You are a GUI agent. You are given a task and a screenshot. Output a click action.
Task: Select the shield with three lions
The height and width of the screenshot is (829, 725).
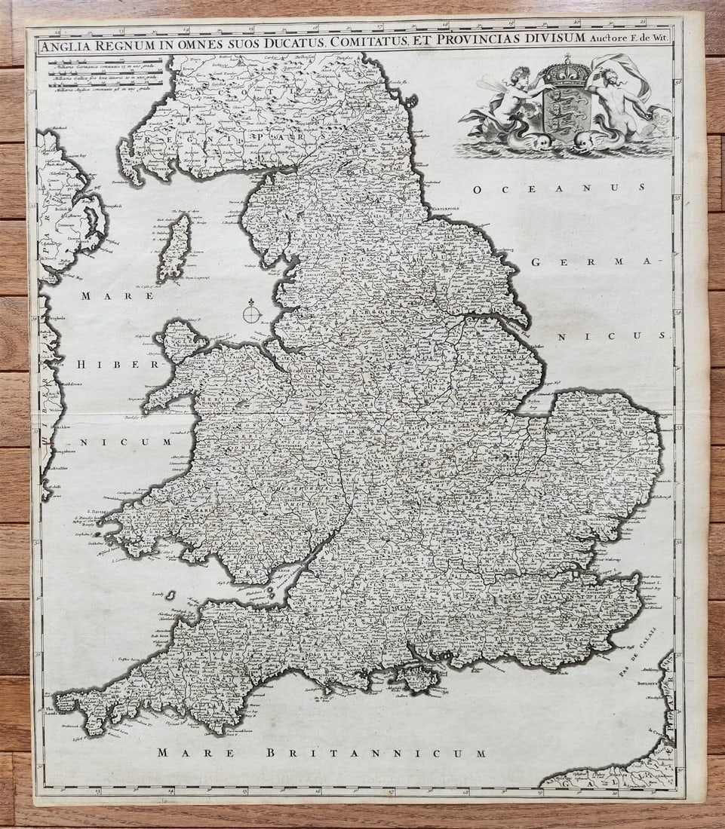566,106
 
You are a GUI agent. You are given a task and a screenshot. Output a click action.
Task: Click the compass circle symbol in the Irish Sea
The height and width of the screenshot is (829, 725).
252,310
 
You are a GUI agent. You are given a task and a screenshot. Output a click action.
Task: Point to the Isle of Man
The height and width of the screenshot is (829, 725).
175,247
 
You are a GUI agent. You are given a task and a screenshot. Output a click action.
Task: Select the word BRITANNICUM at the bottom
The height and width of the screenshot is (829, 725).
375,752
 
